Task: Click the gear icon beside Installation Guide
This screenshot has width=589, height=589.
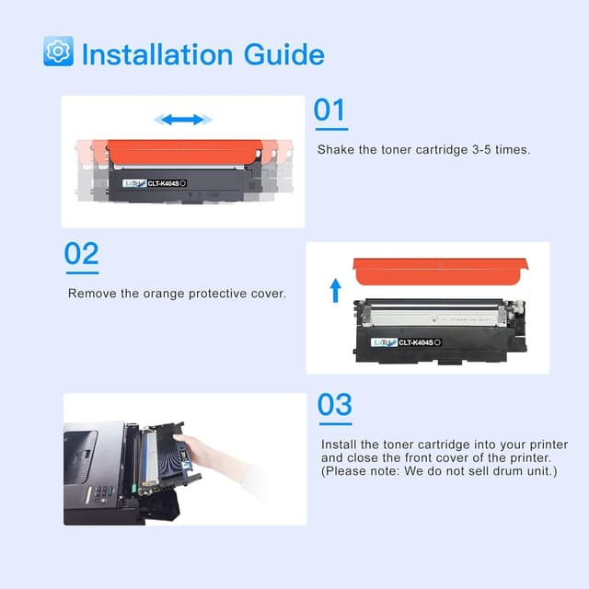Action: pos(58,52)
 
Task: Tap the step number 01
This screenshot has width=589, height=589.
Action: pos(329,110)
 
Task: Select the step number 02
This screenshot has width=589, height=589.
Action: pos(81,254)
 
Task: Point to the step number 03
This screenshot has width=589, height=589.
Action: pos(335,405)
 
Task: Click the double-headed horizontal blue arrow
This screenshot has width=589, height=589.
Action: pos(183,120)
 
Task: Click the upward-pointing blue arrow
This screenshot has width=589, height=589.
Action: pos(336,292)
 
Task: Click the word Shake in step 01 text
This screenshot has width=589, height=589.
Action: pos(335,149)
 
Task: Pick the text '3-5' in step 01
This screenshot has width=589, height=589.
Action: pos(475,149)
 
